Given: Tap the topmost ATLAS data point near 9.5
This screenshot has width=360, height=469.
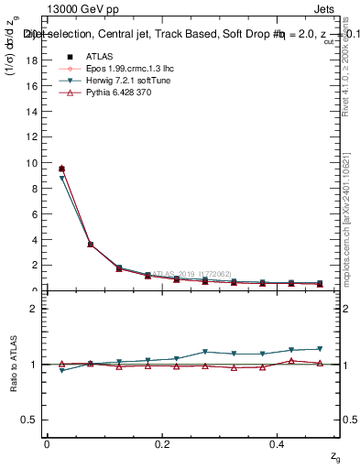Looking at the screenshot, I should pyautogui.click(x=61, y=169).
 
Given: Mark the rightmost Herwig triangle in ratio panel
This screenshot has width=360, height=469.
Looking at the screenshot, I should pyautogui.click(x=320, y=349).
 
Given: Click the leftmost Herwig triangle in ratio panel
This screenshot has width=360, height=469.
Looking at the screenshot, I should pyautogui.click(x=61, y=370).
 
